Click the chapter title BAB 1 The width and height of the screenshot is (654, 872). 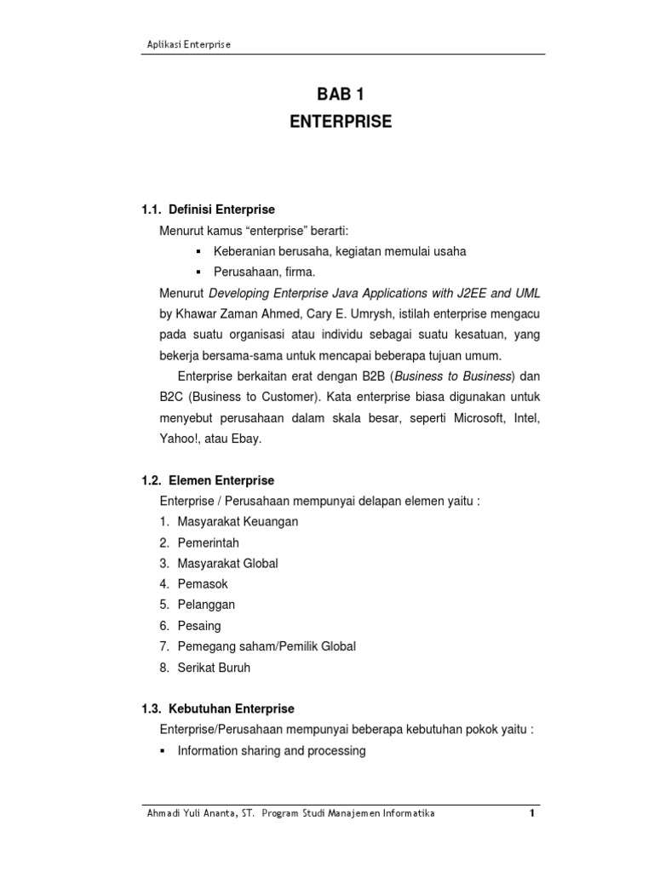coord(340,95)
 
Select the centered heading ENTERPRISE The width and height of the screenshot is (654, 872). coord(340,122)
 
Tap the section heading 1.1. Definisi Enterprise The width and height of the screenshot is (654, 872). coord(208,209)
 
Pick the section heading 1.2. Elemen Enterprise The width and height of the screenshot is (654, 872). coord(208,481)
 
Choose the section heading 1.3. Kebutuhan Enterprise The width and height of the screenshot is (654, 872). coord(217,708)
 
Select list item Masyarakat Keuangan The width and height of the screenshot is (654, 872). coord(238,522)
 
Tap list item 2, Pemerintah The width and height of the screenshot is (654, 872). coord(209,542)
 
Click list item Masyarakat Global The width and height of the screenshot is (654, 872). coord(227,564)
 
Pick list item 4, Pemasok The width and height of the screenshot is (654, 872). coord(203,584)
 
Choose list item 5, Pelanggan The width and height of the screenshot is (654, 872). coord(206,605)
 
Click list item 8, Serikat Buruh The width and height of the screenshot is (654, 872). coord(214,668)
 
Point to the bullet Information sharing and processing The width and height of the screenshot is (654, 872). coord(271,751)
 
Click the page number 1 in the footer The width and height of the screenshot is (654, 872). coord(531,813)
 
